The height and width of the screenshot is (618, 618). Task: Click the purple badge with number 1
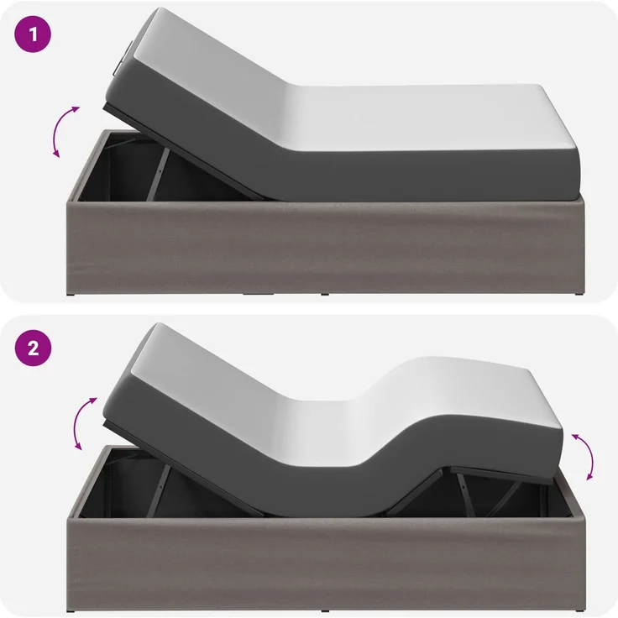33,34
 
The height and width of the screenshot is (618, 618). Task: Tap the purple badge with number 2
33,348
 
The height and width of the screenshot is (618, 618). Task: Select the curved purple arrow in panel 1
62,131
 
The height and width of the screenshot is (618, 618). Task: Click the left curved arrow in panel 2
81,423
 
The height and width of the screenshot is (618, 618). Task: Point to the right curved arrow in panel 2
586,456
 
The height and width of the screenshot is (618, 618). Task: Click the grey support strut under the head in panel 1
158,173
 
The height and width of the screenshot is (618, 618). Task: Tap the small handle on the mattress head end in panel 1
121,58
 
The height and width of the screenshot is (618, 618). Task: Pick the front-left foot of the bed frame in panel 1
71,295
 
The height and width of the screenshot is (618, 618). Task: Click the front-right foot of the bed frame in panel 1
579,295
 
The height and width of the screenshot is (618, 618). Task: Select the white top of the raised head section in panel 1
212,75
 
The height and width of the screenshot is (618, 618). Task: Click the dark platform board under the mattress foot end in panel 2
500,475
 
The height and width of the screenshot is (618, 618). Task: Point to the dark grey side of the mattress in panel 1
354,174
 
